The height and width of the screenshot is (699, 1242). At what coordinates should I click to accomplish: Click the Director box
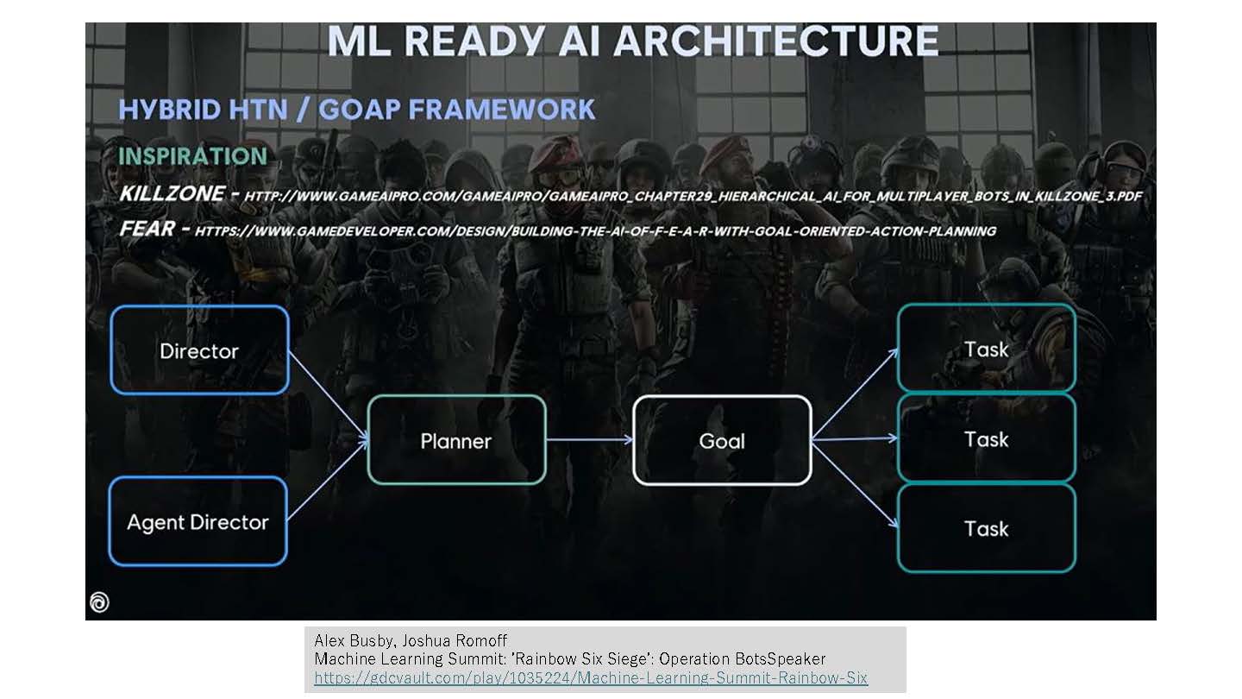(x=199, y=350)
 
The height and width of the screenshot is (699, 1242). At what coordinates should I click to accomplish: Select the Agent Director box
(x=198, y=521)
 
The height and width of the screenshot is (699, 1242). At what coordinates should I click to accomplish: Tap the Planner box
(x=456, y=440)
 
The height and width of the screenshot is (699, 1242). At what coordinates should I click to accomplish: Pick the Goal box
(x=722, y=440)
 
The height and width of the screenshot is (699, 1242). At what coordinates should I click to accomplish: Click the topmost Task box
(x=987, y=349)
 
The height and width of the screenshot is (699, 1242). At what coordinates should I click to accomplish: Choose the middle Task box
(x=987, y=438)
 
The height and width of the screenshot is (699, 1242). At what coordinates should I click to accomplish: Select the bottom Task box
(x=987, y=528)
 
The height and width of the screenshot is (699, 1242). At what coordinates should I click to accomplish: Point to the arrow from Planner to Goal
(x=589, y=440)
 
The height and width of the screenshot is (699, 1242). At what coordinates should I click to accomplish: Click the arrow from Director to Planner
(x=329, y=396)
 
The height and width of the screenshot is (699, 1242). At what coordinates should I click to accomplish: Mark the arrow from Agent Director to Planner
(x=328, y=481)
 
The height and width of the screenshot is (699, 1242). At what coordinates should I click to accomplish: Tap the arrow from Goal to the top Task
(x=855, y=394)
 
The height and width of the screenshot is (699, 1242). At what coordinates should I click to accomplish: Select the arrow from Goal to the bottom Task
(x=855, y=484)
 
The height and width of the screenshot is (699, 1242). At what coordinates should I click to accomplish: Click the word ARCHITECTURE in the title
(x=776, y=41)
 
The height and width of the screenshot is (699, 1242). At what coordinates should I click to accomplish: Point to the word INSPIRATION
(x=192, y=156)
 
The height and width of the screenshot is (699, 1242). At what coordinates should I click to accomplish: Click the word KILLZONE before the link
(x=172, y=193)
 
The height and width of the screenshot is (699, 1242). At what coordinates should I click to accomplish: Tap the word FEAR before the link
(x=147, y=228)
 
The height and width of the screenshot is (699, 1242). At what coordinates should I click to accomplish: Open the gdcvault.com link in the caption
(x=591, y=677)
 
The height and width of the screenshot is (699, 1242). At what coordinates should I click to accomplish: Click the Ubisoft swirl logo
(x=99, y=602)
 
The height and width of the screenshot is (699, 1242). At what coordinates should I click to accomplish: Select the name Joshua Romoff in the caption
(x=455, y=640)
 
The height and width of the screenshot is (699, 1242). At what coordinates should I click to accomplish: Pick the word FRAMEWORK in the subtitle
(x=501, y=110)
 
